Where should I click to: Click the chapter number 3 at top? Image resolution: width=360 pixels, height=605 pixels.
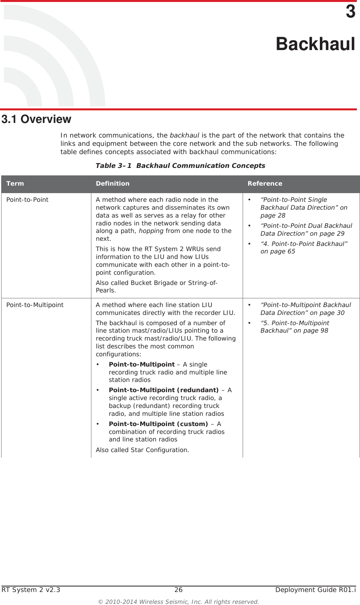tap(350, 12)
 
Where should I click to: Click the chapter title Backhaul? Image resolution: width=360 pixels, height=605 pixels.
tap(315, 44)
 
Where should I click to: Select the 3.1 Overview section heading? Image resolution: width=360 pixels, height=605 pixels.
tap(37, 119)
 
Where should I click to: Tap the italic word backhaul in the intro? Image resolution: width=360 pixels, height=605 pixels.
tap(184, 135)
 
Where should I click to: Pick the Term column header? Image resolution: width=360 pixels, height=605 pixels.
tap(15, 183)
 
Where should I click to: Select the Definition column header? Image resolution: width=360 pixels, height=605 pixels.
tap(112, 183)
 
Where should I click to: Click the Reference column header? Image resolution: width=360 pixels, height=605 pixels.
tap(265, 183)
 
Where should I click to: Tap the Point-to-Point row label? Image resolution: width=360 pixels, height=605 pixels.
tap(27, 199)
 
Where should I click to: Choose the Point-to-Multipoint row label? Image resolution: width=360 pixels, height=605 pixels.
tap(35, 305)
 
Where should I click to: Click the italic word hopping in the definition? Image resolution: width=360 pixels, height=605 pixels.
tap(151, 231)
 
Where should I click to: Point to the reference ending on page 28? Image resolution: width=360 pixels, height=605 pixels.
tap(303, 207)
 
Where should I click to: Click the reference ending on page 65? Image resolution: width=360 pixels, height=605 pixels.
tap(303, 248)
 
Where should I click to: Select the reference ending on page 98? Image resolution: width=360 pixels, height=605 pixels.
tap(294, 327)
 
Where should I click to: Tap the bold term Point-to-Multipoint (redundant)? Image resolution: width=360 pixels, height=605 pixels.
tap(163, 390)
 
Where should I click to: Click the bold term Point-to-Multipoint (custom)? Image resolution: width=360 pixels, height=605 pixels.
tap(158, 424)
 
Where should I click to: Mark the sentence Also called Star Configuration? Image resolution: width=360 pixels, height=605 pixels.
tap(142, 450)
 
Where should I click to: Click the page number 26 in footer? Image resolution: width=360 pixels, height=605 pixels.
tap(178, 590)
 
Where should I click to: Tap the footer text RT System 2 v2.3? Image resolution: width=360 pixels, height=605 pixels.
tap(31, 590)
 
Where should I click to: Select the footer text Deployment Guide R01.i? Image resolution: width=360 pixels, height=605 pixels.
tap(315, 590)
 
